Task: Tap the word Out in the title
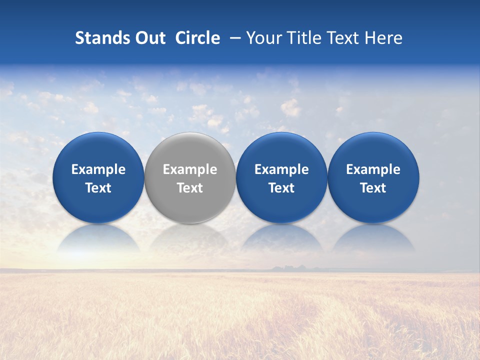148,38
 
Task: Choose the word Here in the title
383,38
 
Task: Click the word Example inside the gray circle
190,169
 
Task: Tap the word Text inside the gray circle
190,188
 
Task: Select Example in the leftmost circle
98,169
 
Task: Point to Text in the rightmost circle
373,188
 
